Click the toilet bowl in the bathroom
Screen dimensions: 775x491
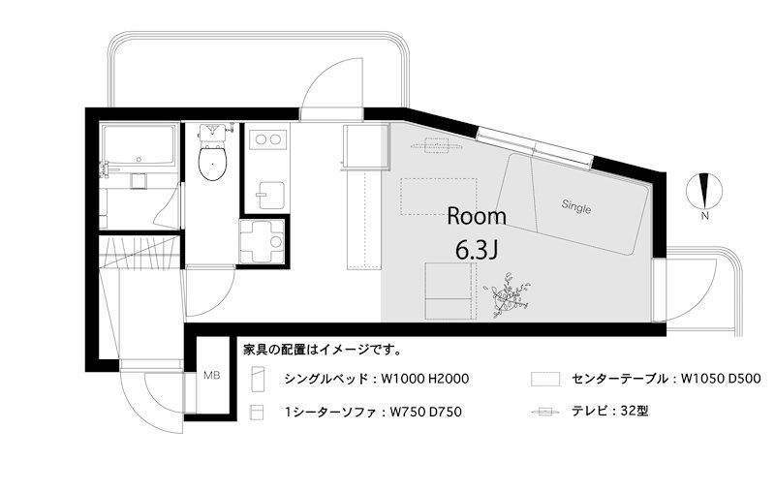coord(212,162)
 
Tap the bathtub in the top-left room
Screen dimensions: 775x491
coord(138,144)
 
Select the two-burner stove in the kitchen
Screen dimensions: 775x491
coord(267,139)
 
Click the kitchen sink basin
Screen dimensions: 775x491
coord(270,195)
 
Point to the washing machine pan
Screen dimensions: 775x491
coord(262,241)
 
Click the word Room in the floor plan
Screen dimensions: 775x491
coord(477,216)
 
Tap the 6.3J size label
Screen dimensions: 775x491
coord(476,251)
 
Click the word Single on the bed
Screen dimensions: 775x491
coord(576,207)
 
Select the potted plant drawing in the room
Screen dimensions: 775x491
coord(508,295)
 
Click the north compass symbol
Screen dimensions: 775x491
coord(705,191)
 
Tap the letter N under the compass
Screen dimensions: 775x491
coord(705,216)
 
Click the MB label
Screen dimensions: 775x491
coord(211,376)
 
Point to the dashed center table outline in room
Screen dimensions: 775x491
coord(439,197)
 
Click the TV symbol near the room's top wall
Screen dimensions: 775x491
coord(437,145)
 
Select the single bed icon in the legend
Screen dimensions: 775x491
coord(258,379)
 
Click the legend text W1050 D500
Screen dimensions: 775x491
coord(721,379)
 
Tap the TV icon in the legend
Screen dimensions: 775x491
coord(545,412)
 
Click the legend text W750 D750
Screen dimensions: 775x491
coord(426,412)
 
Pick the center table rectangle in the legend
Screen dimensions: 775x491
coord(545,379)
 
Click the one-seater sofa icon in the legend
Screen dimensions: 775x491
coord(257,413)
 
